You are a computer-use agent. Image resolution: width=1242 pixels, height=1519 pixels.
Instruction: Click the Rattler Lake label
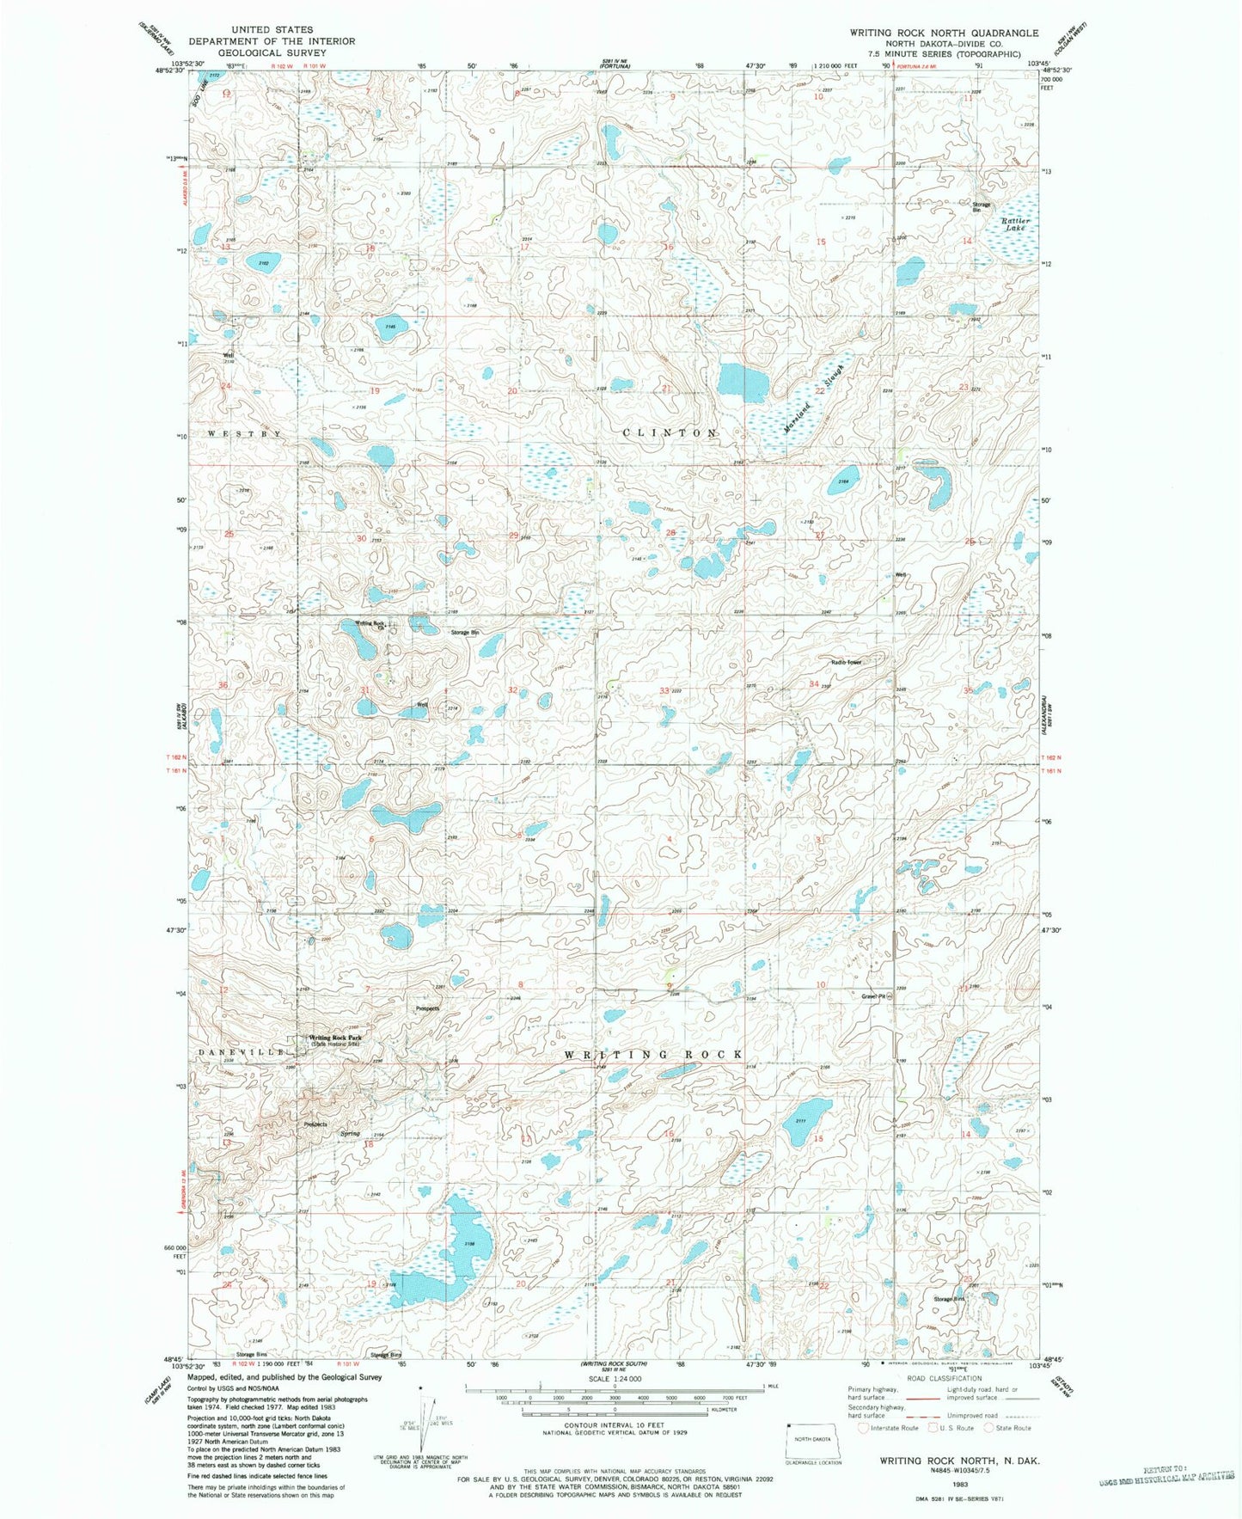(x=1016, y=224)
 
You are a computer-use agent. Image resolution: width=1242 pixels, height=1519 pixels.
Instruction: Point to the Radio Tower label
(x=845, y=663)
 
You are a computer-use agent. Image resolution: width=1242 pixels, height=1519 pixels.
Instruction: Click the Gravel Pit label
(x=873, y=997)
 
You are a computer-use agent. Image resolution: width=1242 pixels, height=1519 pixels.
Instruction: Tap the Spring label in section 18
(x=349, y=1134)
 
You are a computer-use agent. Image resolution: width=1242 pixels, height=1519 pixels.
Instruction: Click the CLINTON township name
(x=670, y=432)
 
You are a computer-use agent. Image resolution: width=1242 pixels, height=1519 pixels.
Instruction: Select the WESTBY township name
(x=245, y=434)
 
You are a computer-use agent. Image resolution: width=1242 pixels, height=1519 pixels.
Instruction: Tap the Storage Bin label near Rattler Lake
(x=982, y=206)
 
